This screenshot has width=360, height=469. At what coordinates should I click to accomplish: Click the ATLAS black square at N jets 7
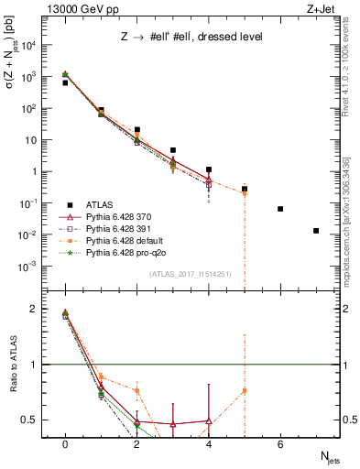316,231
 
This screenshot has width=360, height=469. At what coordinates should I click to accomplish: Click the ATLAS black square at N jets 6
280,209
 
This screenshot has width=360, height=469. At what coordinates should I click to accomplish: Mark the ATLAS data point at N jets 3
172,150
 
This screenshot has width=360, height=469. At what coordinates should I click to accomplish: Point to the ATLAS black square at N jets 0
65,82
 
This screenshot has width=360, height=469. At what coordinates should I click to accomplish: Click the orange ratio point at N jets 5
245,391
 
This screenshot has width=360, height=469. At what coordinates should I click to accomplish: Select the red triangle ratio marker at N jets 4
209,421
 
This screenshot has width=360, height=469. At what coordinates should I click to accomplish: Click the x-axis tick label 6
280,444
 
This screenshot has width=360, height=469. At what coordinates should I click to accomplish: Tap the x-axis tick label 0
65,444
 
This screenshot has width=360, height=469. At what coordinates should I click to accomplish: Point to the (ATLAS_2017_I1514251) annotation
191,274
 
